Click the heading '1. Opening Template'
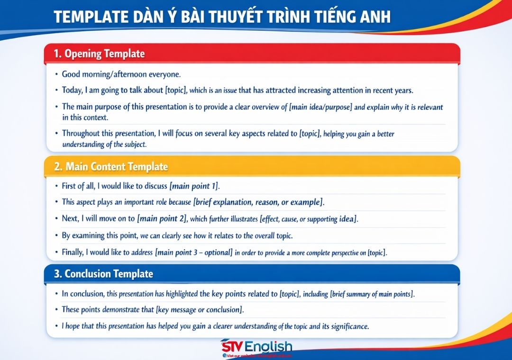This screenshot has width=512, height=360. click(99, 54)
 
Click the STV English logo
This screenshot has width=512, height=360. click(256, 348)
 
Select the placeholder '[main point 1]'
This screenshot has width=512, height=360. click(194, 186)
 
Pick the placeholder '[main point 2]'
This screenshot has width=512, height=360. click(163, 218)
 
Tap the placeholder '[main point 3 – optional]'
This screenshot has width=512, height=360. click(193, 252)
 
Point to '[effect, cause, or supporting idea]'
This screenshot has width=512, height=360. click(311, 218)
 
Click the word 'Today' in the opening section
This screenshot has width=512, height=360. click(73, 90)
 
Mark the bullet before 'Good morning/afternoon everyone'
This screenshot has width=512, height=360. click(56, 75)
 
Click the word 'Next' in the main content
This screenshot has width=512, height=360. click(70, 218)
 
